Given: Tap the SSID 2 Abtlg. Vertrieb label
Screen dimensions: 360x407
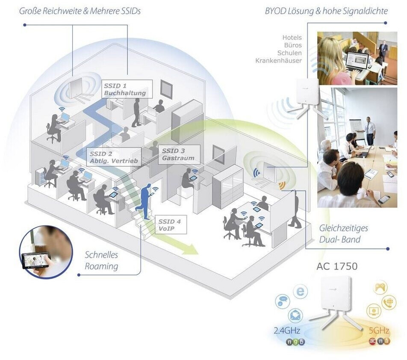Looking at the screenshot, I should (x=113, y=157).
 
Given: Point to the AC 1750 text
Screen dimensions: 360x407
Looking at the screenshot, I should (x=337, y=266).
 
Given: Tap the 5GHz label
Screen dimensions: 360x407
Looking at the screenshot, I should (x=379, y=330).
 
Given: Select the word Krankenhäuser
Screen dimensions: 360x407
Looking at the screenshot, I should (x=278, y=61).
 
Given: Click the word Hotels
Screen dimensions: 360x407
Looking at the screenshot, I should (x=292, y=38).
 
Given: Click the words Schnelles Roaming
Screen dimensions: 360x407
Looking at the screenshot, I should (x=101, y=261).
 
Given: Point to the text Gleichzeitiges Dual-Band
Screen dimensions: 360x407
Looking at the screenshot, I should (x=343, y=233).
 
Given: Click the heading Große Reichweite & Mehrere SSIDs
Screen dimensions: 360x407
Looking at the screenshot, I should (x=80, y=11).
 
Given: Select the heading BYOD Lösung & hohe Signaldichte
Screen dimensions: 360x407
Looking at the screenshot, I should (x=327, y=11).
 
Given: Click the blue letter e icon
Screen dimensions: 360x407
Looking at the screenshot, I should (x=301, y=292).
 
